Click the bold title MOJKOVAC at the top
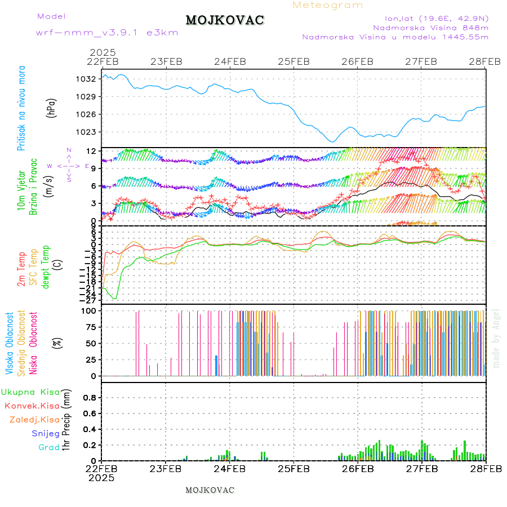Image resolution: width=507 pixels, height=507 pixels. (x=225, y=20)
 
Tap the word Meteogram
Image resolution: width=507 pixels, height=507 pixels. (x=328, y=5)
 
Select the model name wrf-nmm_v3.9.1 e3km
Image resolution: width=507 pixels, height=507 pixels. (x=107, y=33)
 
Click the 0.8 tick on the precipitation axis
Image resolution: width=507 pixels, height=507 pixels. (x=90, y=398)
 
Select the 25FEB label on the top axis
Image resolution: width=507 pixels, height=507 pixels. (x=293, y=61)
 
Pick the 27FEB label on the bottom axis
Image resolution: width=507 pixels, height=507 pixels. (x=422, y=468)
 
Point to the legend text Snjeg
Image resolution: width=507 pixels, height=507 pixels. (x=45, y=433)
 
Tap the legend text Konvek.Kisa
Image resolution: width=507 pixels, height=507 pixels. (x=32, y=406)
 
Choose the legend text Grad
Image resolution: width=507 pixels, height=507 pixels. (x=48, y=447)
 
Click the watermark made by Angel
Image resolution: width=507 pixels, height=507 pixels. (x=496, y=338)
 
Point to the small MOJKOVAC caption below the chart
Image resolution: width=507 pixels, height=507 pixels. (x=210, y=490)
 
